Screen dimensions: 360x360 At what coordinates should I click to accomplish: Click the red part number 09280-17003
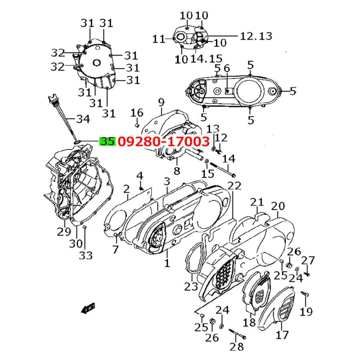coord(163,141)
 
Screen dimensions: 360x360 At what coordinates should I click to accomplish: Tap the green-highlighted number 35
coord(108,141)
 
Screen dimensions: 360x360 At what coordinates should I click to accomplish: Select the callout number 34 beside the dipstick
coord(83,119)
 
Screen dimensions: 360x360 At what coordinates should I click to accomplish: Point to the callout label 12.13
coord(256,36)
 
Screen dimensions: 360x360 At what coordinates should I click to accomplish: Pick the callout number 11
coord(159,39)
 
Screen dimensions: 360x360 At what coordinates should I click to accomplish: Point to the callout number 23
coord(191,286)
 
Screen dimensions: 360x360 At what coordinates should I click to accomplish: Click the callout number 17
coord(282,334)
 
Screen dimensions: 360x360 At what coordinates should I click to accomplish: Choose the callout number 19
coord(307,311)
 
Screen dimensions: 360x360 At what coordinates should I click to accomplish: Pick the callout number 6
coord(227,69)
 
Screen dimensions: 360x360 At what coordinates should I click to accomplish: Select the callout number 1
coord(167,263)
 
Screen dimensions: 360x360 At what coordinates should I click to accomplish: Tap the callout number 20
coord(278,206)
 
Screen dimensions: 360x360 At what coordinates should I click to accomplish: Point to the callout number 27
coord(308,261)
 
